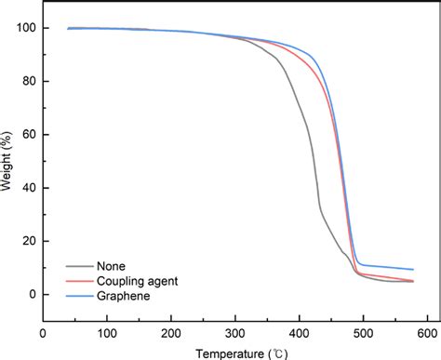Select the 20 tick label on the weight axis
pyautogui.click(x=28, y=242)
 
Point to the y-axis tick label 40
pyautogui.click(x=28, y=189)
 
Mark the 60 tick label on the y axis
pyautogui.click(x=28, y=135)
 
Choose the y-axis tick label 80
pyautogui.click(x=28, y=82)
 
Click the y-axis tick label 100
pyautogui.click(x=25, y=29)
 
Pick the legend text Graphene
pyautogui.click(x=120, y=296)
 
